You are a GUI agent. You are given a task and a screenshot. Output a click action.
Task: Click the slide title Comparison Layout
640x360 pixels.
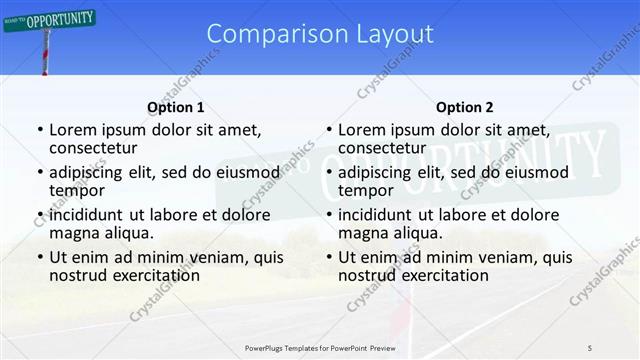[320, 34]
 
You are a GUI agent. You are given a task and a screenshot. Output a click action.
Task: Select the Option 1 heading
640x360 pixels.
[175, 107]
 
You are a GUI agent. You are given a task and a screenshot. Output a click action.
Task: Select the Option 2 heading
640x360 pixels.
[464, 107]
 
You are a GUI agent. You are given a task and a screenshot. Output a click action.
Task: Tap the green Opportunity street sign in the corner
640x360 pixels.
[50, 19]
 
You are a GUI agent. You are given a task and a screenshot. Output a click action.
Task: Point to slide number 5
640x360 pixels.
[590, 347]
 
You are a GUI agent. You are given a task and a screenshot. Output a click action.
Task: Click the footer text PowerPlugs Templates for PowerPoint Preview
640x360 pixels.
[319, 347]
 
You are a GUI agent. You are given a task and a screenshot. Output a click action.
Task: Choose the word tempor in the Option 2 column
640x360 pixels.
[366, 190]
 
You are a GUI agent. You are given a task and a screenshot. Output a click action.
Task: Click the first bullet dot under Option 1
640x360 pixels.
[39, 130]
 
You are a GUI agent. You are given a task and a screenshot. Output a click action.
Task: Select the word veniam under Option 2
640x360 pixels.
[490, 257]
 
